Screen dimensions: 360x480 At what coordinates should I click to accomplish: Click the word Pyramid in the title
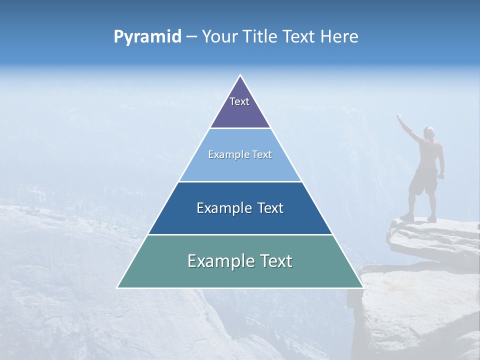point(147,37)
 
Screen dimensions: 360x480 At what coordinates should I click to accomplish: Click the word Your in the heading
point(220,37)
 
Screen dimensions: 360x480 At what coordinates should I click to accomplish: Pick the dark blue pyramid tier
point(240,220)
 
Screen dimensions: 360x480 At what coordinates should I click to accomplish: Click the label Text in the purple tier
point(239,101)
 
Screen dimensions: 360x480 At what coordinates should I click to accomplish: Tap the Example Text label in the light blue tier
point(240,154)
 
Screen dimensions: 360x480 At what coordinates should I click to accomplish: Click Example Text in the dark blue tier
point(240,208)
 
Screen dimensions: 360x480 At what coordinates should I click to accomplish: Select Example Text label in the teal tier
point(240,261)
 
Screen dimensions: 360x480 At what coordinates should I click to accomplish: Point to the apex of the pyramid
point(240,76)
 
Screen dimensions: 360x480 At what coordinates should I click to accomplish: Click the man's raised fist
point(399,117)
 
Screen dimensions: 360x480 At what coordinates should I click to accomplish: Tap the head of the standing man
point(428,132)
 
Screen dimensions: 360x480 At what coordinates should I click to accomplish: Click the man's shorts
point(423,182)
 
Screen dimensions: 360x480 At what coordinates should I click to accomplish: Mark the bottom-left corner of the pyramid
point(118,287)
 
